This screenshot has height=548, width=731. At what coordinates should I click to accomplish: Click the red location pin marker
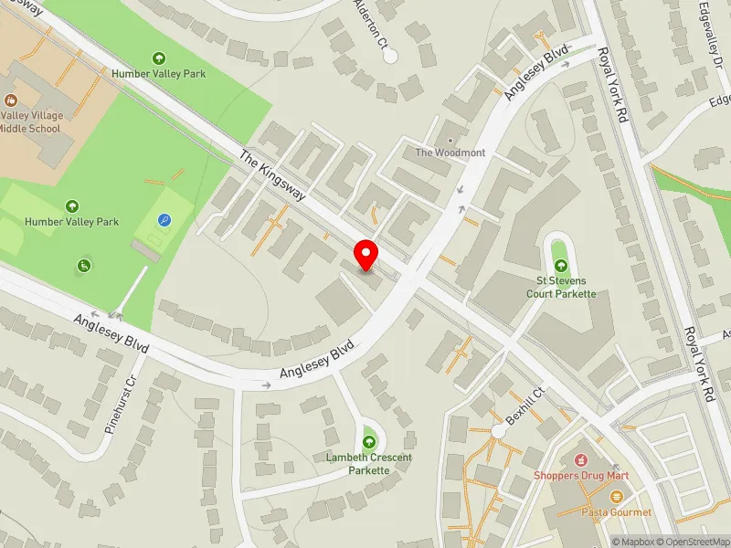366,255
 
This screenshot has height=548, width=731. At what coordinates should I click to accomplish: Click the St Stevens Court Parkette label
560,287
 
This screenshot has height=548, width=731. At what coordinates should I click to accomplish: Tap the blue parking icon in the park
164,220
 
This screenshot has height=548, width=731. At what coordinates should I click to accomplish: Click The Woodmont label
450,153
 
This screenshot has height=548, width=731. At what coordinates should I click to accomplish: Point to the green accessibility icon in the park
84,266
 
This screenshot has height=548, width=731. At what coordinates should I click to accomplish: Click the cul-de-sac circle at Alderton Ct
391,56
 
